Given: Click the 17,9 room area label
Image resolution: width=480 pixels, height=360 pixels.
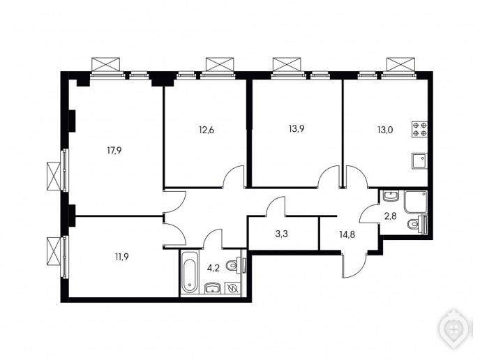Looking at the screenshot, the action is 114,150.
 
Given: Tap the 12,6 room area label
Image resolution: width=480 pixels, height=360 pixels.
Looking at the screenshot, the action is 207,130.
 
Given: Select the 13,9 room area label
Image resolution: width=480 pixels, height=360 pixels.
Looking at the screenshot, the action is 297,128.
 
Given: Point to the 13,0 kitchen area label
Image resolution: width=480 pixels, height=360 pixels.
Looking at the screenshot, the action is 385,130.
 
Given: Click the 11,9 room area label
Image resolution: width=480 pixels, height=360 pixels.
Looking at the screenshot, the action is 121,257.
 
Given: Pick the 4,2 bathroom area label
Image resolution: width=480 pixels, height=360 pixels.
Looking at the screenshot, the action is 213,269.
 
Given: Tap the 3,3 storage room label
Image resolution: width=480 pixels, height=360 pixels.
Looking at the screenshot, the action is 282,234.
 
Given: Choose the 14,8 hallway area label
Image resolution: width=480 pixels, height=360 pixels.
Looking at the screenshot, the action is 347,235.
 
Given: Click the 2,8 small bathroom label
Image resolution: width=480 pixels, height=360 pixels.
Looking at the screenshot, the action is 391,216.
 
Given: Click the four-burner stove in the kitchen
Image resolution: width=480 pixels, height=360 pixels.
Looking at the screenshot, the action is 419,129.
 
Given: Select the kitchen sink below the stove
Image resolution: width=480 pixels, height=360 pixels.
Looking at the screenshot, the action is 419,160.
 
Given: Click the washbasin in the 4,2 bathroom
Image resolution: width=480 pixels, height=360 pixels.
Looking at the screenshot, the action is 213,287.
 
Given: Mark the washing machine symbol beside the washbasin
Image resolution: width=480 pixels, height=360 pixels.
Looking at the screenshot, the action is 232,288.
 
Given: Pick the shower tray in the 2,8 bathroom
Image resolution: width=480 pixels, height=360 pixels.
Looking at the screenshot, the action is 415,202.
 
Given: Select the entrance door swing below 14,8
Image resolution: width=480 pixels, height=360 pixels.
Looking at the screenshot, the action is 354,265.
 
